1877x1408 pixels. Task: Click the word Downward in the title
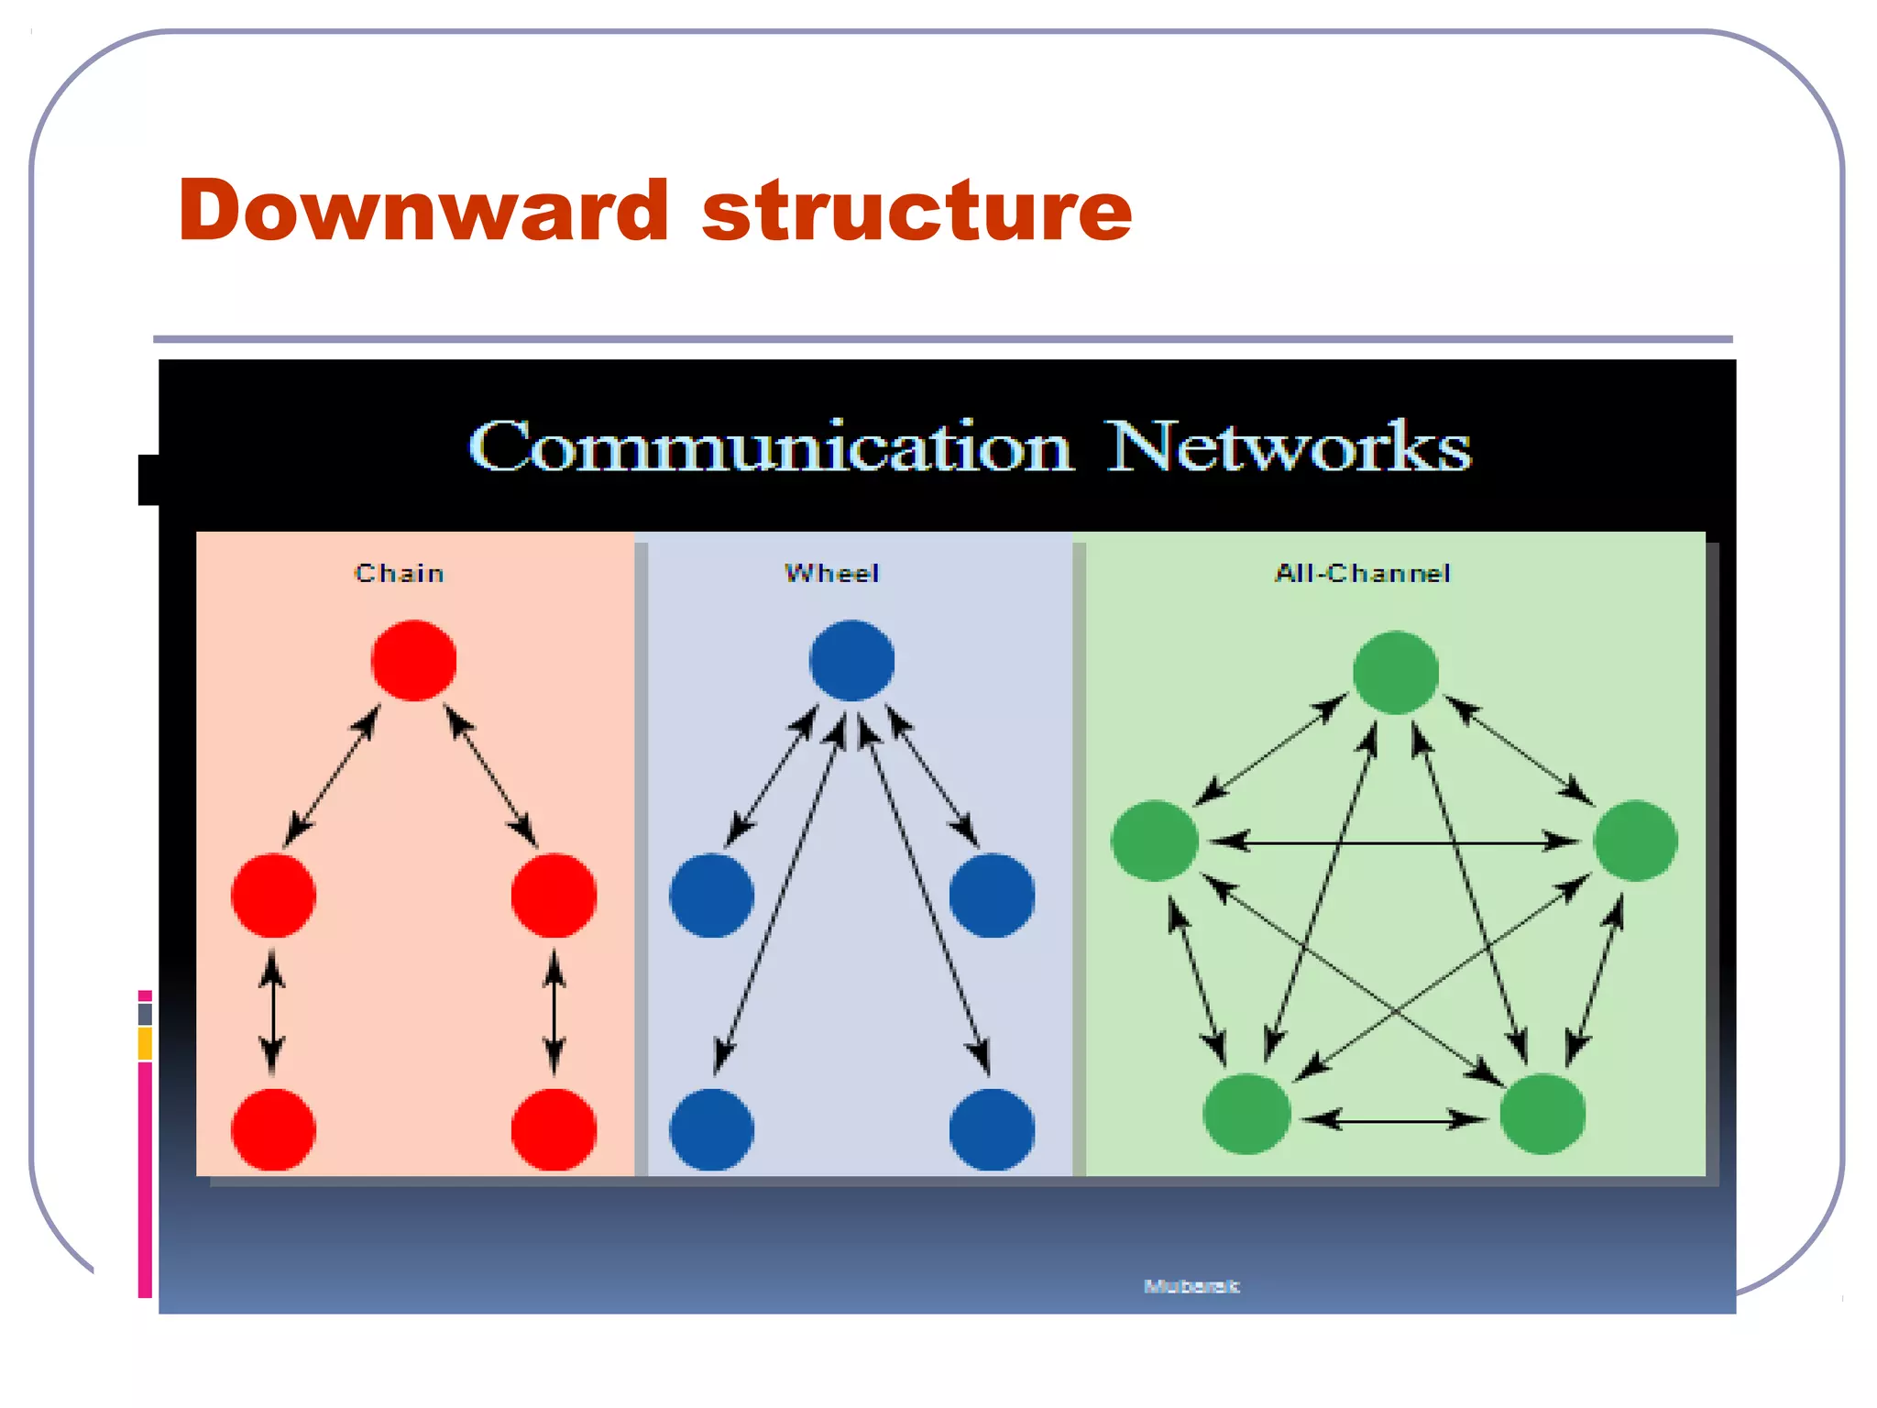(x=423, y=211)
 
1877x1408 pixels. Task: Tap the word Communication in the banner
(x=770, y=447)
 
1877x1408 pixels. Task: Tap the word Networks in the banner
(x=1288, y=447)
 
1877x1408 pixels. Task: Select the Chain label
(x=400, y=574)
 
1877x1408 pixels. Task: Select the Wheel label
(x=832, y=574)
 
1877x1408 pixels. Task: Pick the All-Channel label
(x=1363, y=574)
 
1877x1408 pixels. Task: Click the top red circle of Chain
(x=413, y=661)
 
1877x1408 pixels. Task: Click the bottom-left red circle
(x=273, y=1129)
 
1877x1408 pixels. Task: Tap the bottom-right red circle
(x=554, y=1129)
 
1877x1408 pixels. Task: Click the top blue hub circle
(x=851, y=661)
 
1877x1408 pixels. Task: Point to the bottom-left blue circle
(x=711, y=1129)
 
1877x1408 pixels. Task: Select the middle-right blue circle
(x=992, y=896)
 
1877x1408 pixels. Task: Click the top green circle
(x=1395, y=672)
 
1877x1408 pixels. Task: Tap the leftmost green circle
(x=1155, y=841)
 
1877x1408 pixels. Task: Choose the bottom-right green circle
(x=1542, y=1114)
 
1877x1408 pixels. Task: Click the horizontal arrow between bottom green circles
(x=1394, y=1119)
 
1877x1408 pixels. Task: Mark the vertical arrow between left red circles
(x=272, y=1012)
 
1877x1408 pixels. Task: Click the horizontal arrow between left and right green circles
(x=1394, y=841)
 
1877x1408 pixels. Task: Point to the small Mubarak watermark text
(x=1191, y=1286)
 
